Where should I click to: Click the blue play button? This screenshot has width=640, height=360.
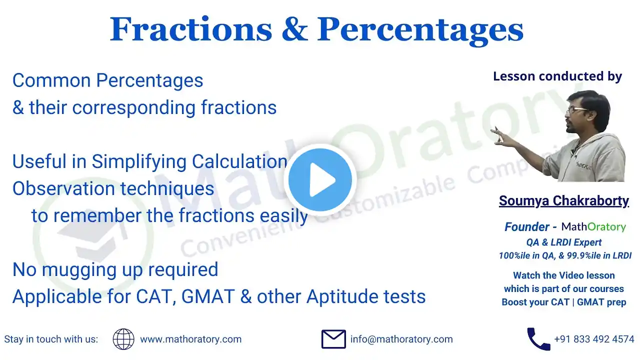click(320, 179)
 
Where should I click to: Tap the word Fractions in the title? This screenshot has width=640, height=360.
click(191, 29)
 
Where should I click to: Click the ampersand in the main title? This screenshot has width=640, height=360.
click(295, 29)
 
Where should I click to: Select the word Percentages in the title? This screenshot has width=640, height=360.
click(420, 31)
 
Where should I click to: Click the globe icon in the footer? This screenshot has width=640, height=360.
click(123, 339)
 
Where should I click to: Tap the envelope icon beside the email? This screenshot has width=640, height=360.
click(333, 339)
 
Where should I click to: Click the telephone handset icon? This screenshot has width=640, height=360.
click(538, 339)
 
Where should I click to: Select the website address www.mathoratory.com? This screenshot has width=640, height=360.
click(190, 339)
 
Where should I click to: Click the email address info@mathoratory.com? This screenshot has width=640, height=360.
click(401, 339)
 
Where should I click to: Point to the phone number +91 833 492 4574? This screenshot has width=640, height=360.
click(594, 339)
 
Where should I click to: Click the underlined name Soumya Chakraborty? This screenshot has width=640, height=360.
click(563, 201)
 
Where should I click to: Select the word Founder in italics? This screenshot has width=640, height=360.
click(526, 227)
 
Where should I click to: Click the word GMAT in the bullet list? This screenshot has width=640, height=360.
click(208, 296)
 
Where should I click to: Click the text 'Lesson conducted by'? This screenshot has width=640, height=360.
click(557, 76)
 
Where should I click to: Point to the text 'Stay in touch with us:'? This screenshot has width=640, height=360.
click(51, 339)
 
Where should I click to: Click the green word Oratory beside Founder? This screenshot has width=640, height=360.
click(607, 227)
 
